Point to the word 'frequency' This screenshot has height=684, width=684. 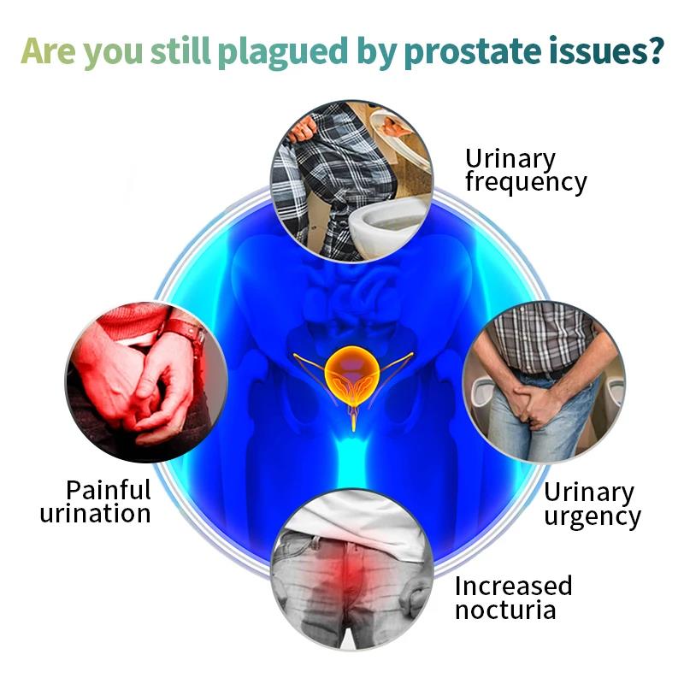(526, 182)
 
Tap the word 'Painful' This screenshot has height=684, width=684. (109, 490)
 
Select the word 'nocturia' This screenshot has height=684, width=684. (505, 610)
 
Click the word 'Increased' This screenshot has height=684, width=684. (513, 586)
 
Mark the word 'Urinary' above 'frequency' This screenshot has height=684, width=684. (510, 158)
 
